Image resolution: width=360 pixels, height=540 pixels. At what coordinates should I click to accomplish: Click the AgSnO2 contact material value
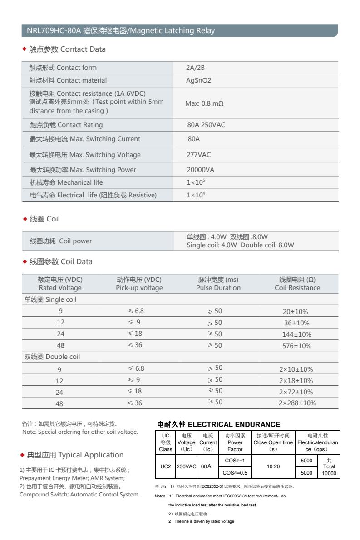pyautogui.click(x=199, y=80)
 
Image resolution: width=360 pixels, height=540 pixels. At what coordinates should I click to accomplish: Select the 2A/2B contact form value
pyautogui.click(x=196, y=68)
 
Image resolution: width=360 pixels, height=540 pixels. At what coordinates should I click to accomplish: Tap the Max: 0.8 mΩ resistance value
pyautogui.click(x=204, y=103)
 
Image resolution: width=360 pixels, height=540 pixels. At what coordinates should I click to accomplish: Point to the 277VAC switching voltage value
pyautogui.click(x=199, y=155)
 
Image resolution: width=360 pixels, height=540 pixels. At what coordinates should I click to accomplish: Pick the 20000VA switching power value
pyautogui.click(x=200, y=170)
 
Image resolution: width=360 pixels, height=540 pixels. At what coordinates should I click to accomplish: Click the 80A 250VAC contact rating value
pyautogui.click(x=206, y=125)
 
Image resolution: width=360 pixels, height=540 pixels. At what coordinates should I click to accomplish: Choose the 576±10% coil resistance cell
pyautogui.click(x=297, y=346)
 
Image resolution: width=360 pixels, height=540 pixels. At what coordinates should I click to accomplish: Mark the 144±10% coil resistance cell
pyautogui.click(x=297, y=334)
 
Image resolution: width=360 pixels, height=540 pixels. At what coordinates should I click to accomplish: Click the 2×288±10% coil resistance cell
pyautogui.click(x=297, y=403)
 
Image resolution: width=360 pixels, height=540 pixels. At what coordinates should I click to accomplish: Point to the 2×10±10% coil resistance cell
pyautogui.click(x=296, y=369)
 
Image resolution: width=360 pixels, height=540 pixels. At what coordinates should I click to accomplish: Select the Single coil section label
pyautogui.click(x=50, y=299)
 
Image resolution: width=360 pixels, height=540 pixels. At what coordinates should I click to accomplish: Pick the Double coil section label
pyautogui.click(x=52, y=357)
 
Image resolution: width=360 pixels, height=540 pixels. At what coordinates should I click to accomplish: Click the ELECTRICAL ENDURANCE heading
pyautogui.click(x=218, y=425)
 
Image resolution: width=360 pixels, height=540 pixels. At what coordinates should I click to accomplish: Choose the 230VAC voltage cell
pyautogui.click(x=186, y=466)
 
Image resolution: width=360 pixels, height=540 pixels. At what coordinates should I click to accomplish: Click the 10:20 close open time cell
pyautogui.click(x=273, y=466)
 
